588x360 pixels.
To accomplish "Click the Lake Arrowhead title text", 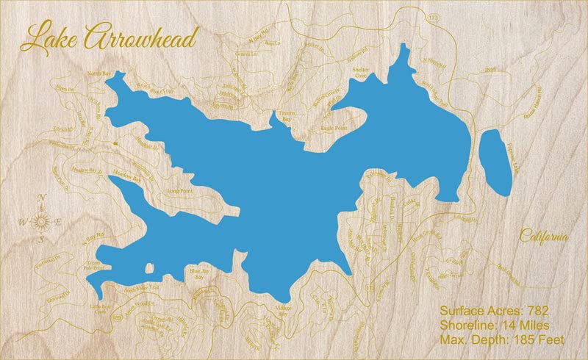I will click(109, 37).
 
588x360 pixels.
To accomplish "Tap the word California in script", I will click(544, 237).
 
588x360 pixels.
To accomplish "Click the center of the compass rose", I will click(43, 221).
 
